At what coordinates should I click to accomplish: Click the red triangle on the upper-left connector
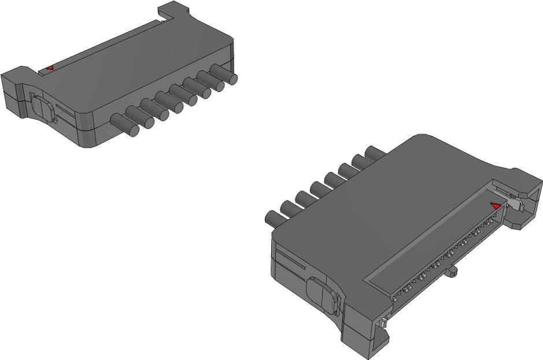click(x=50, y=68)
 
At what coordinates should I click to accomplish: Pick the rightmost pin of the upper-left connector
click(x=225, y=75)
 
